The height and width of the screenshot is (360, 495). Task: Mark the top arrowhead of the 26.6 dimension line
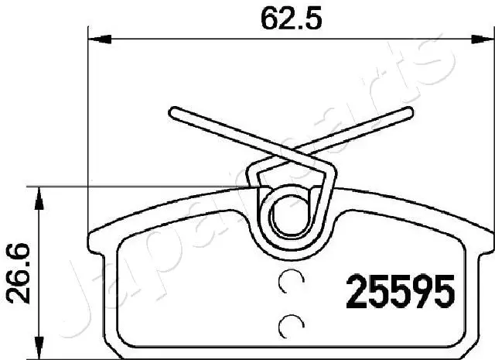pos(36,192)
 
